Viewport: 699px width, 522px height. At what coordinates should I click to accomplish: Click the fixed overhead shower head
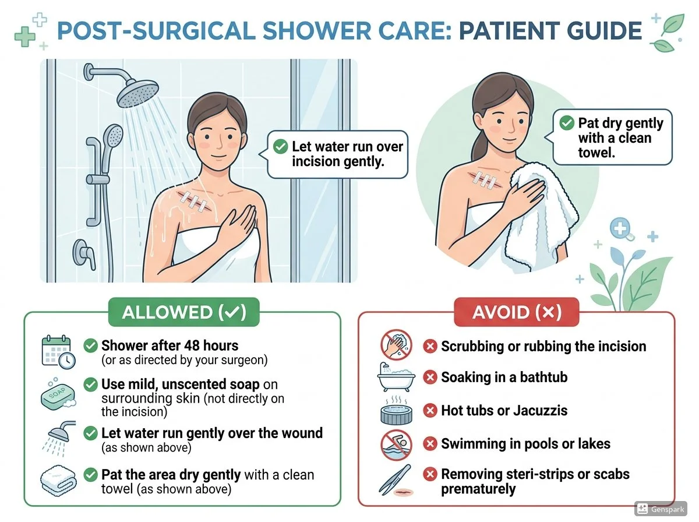coord(137,91)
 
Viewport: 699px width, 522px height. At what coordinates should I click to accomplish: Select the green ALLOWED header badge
coord(183,312)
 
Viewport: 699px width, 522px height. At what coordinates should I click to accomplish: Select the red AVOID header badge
coord(516,312)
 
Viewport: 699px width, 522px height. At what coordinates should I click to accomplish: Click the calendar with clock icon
coord(58,352)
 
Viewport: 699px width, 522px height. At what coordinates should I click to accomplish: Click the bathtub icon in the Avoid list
coord(396,378)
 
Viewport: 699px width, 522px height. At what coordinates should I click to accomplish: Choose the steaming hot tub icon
coord(397,411)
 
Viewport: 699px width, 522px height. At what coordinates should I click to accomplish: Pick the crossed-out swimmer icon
coord(397,445)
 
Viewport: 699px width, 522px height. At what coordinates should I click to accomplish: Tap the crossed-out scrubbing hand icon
coord(397,345)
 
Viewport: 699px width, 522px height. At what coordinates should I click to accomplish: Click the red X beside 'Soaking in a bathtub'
coord(430,378)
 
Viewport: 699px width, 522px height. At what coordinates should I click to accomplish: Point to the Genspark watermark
coord(661,509)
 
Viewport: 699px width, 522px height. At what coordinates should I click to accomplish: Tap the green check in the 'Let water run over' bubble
coord(281,147)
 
